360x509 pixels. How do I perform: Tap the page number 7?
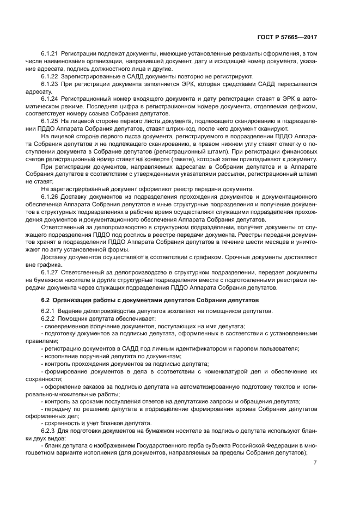[315, 463]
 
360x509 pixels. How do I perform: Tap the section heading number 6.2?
[46, 300]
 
